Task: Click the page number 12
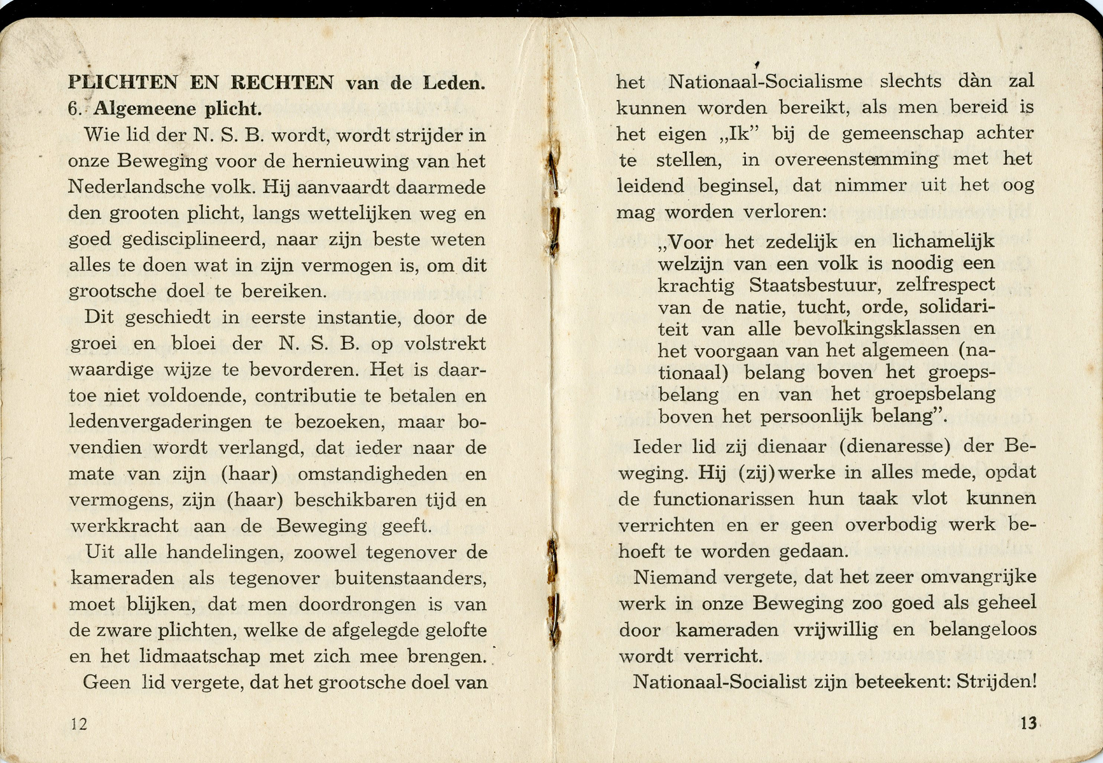[x=79, y=724]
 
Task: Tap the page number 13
[x=1029, y=723]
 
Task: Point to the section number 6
[x=75, y=109]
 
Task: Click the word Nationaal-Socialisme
[x=765, y=82]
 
